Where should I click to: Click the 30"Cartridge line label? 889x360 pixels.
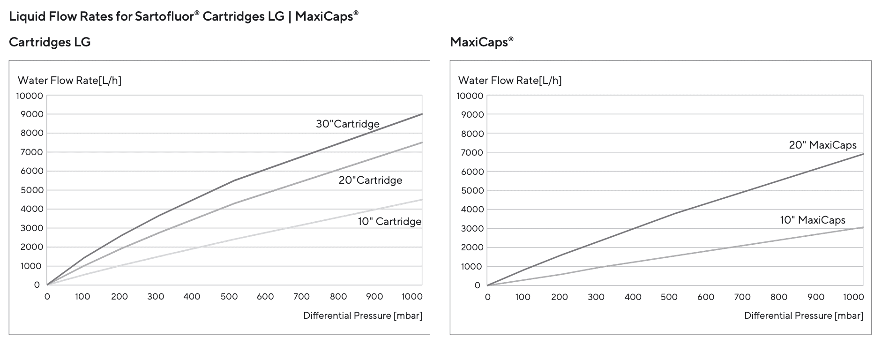click(347, 124)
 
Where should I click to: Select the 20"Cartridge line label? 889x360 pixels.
click(370, 180)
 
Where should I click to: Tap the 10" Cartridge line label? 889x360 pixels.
click(389, 222)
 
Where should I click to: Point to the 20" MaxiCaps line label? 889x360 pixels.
click(822, 145)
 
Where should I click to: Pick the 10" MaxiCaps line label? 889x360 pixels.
click(813, 220)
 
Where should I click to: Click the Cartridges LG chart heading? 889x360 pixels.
click(50, 42)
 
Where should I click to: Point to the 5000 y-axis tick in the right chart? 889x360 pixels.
click(472, 190)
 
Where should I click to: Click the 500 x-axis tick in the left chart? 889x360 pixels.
click(229, 297)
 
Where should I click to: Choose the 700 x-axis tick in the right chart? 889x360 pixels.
click(742, 297)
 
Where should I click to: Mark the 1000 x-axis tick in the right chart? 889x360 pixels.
click(853, 297)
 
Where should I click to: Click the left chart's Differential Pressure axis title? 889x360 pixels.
click(363, 315)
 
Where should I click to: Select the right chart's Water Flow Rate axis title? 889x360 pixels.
click(509, 81)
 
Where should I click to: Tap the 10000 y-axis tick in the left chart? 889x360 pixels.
click(30, 96)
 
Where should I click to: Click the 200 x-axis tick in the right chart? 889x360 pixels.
click(560, 297)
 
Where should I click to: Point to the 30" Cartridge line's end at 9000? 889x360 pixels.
click(422, 114)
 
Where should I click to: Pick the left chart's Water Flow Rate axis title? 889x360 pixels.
click(69, 81)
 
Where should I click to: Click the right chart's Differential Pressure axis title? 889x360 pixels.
click(803, 315)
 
